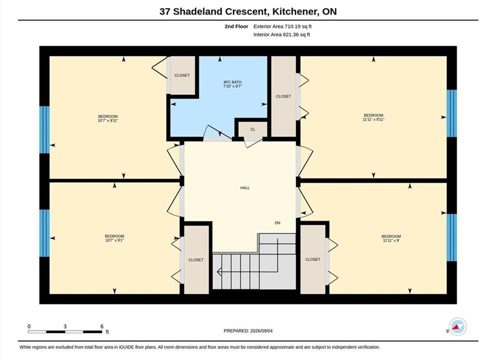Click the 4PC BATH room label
click(x=232, y=82)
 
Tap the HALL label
click(x=245, y=188)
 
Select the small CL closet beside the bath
click(x=252, y=129)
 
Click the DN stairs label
click(x=277, y=223)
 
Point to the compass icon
click(x=458, y=326)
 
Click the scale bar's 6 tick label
click(x=102, y=326)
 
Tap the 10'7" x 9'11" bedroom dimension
click(x=108, y=120)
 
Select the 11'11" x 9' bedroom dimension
click(x=391, y=240)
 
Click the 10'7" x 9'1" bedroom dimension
click(x=114, y=240)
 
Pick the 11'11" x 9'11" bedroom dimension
click(x=374, y=119)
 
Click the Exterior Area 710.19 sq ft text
click(x=283, y=26)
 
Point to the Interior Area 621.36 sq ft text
click(x=282, y=34)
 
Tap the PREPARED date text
click(x=248, y=331)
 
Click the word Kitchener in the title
click(x=295, y=11)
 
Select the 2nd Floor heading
click(x=236, y=26)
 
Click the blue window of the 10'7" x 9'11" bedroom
click(x=44, y=129)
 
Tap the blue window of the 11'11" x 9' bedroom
click(x=452, y=237)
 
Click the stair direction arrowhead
click(x=219, y=271)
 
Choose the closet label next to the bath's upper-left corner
click(x=182, y=75)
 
